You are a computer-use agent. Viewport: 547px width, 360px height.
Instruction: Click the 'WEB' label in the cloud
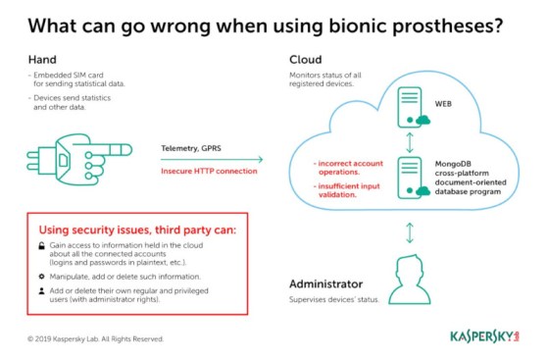(x=444, y=102)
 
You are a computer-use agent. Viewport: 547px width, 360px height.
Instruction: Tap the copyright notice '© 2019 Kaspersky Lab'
(x=95, y=338)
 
